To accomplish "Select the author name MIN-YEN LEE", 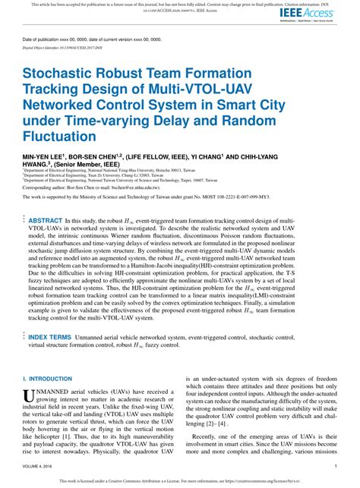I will click(x=45, y=155).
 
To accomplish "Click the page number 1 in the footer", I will click(x=335, y=467).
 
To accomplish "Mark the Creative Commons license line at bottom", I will click(x=180, y=480).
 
